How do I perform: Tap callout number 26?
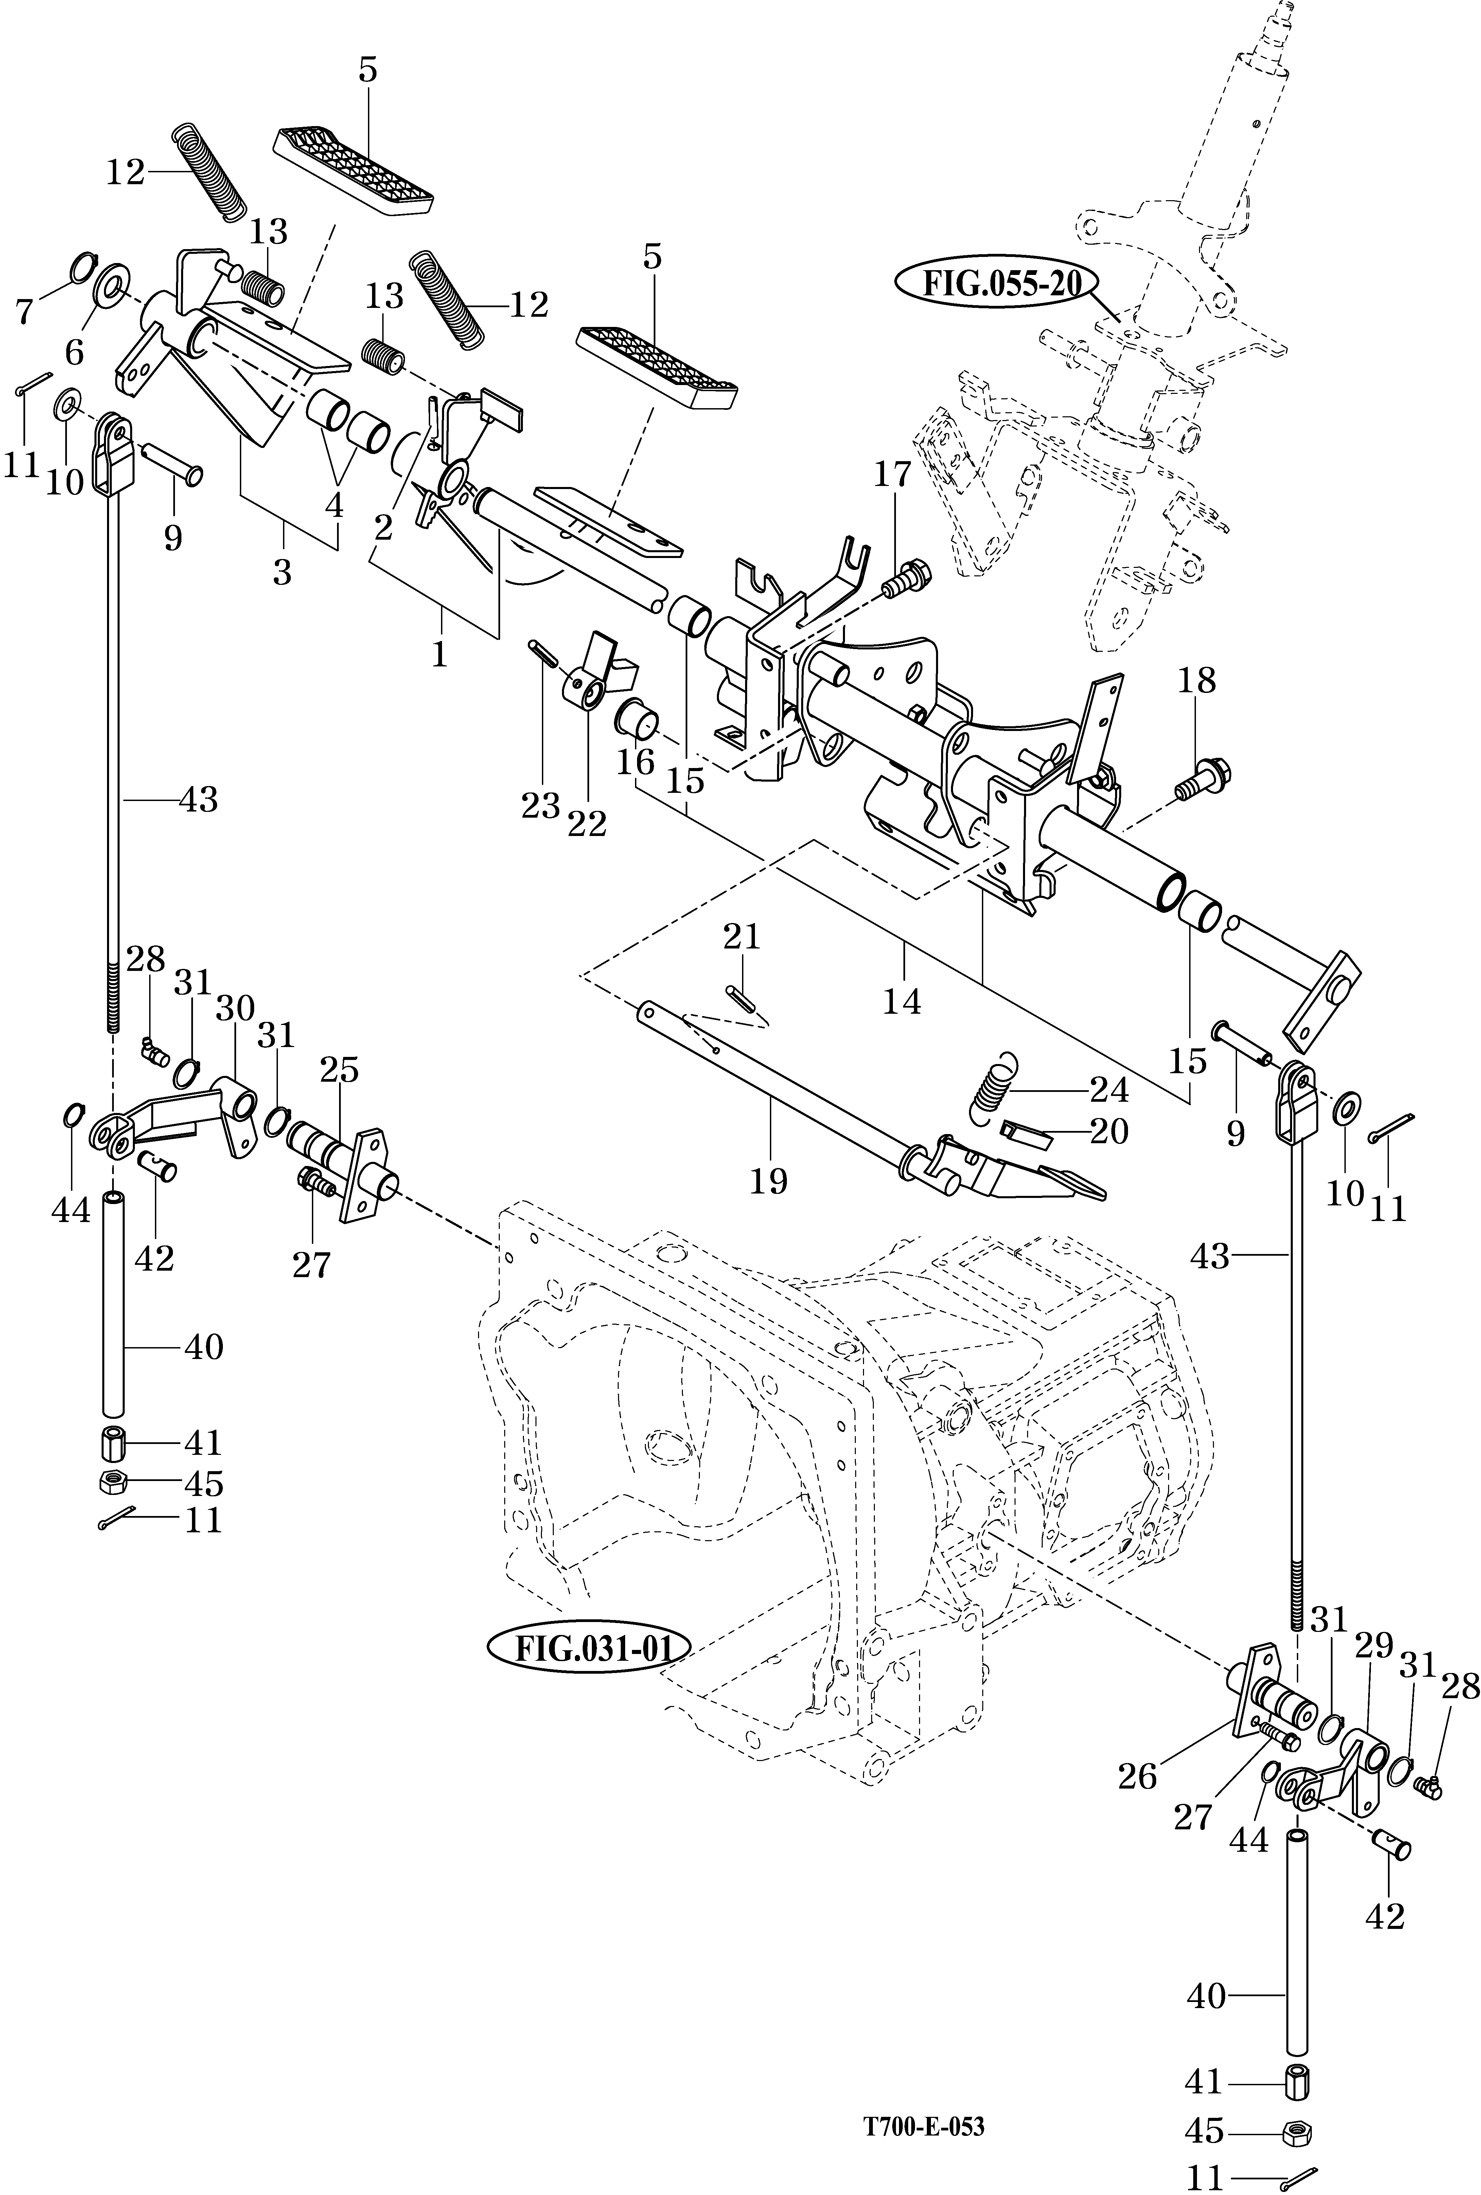tap(1137, 1777)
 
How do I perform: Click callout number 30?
tap(235, 1009)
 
